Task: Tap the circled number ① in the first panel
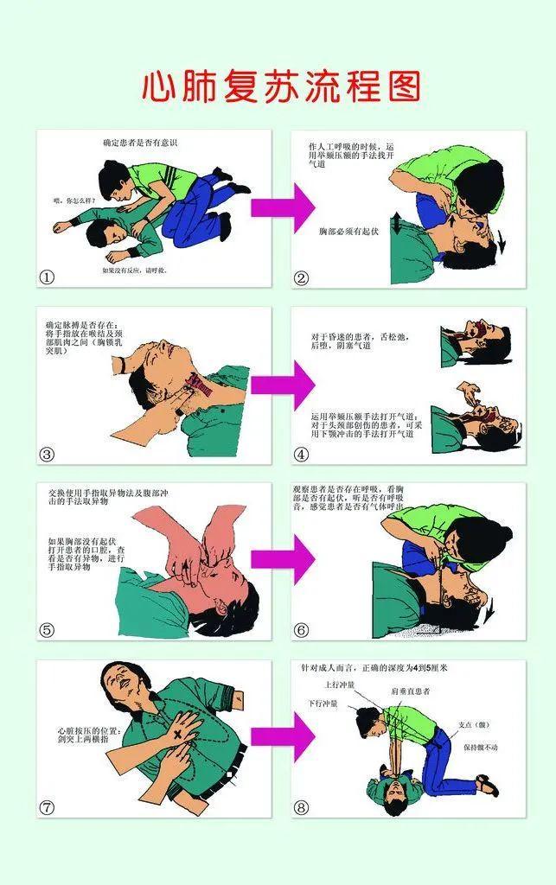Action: coord(48,277)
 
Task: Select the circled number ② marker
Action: coord(302,277)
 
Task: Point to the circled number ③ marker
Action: coord(48,455)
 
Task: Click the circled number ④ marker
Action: coord(302,454)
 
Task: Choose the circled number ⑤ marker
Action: coord(48,630)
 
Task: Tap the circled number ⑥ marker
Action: coord(302,630)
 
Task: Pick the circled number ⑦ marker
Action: coord(48,807)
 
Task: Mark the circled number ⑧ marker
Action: coord(302,807)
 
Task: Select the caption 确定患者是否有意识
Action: coord(139,141)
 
